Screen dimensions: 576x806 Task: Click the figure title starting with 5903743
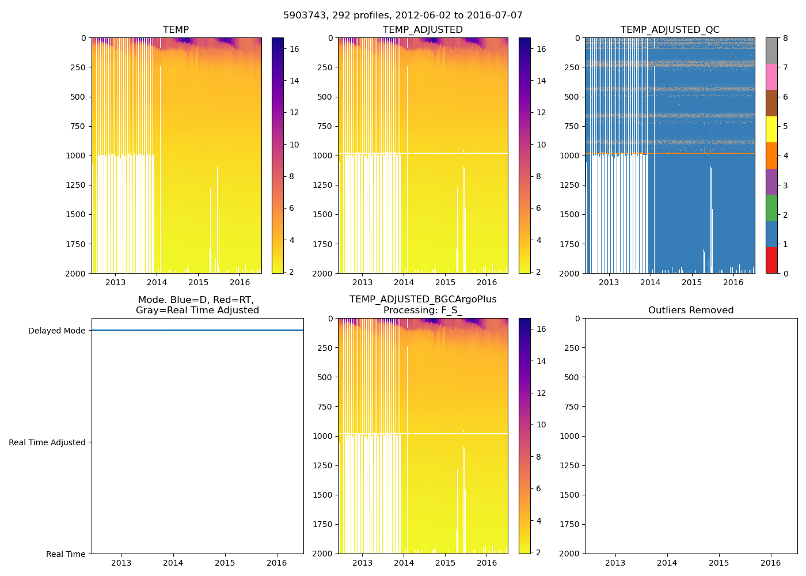point(402,16)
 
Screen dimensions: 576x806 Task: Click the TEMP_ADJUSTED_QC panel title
point(670,30)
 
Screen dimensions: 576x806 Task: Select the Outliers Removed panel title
point(690,310)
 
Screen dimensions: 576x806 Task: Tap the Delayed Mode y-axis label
point(56,331)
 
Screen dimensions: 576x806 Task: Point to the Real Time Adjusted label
point(47,442)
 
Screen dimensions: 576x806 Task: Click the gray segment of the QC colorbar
point(771,51)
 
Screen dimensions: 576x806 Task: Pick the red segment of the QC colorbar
point(771,260)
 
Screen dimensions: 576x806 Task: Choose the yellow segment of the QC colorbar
point(771,130)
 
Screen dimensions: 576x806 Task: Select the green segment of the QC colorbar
point(771,208)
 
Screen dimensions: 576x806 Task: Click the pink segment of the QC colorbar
point(771,77)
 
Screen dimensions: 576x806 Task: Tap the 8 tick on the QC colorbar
point(785,38)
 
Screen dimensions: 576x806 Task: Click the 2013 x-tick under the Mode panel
point(121,563)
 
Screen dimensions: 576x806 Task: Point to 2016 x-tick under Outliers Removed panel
point(771,563)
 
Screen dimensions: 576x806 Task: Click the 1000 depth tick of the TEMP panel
point(77,156)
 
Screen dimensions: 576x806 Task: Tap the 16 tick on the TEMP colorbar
point(294,50)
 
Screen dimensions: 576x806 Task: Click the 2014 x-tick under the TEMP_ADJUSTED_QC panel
point(650,282)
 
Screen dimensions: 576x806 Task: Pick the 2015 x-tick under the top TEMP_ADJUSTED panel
point(445,282)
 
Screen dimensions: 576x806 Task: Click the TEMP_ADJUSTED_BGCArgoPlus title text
point(423,300)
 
